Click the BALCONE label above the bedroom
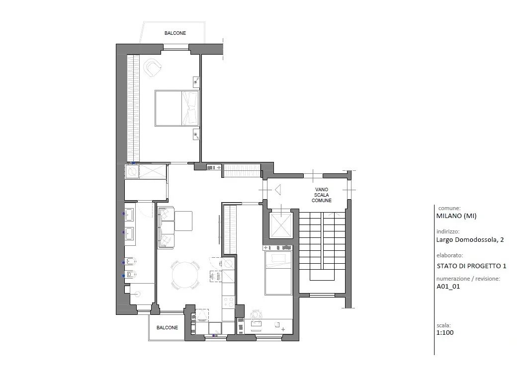(x=175, y=33)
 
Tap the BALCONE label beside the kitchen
(x=168, y=328)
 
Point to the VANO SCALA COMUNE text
(x=322, y=195)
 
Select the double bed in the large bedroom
(x=177, y=108)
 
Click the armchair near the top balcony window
(x=153, y=68)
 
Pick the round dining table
(x=185, y=275)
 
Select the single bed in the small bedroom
(x=278, y=273)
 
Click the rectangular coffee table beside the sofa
(x=183, y=221)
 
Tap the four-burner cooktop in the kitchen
(x=229, y=301)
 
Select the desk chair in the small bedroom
(x=256, y=314)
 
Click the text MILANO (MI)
(x=456, y=216)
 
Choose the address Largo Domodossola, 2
(x=470, y=240)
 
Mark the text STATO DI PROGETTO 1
(x=471, y=266)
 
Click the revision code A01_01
(x=448, y=287)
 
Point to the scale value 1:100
(x=445, y=333)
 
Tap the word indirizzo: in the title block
(x=448, y=231)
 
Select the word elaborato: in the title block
(x=449, y=255)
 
